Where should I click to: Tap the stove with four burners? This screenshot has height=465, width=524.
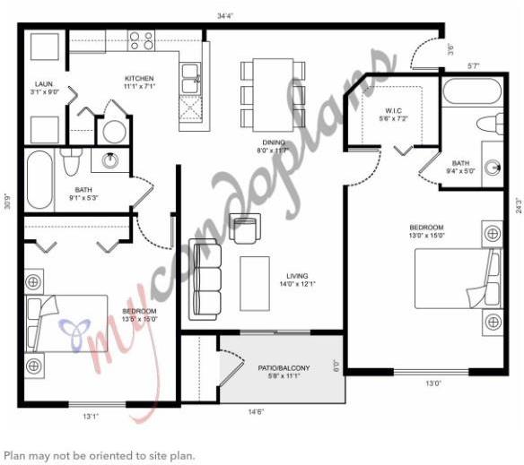[x=141, y=39]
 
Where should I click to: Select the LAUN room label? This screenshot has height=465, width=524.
[x=44, y=87]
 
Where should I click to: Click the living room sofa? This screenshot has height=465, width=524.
[x=205, y=280]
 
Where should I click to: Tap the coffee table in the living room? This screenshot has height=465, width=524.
[x=255, y=282]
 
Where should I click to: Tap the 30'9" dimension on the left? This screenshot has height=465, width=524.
[x=7, y=201]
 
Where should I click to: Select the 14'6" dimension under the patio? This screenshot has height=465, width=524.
[x=255, y=413]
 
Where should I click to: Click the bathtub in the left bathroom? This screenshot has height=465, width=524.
[x=39, y=179]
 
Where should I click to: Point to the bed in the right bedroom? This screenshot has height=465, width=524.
[x=458, y=278]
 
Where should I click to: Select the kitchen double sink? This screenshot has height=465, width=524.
[x=191, y=78]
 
